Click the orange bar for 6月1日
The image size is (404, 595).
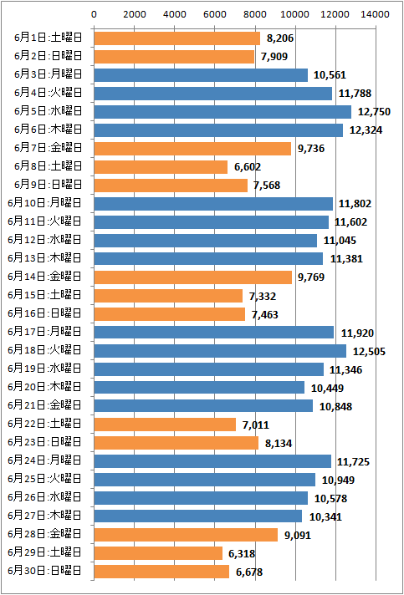point(177,38)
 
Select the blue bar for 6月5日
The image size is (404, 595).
point(222,112)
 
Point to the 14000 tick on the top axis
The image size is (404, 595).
point(376,14)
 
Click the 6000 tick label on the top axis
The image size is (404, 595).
point(214,14)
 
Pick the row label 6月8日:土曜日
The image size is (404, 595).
point(49,166)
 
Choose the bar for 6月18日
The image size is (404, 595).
point(220,351)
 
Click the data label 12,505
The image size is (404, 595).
point(369,351)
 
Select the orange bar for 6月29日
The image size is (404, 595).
point(158,553)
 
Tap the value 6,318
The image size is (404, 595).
point(242,554)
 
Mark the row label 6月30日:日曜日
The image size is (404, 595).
point(45,571)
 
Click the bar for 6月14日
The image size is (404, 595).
point(193,277)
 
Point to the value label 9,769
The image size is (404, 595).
point(311,277)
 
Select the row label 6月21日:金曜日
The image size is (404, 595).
point(45,405)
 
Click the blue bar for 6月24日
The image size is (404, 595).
point(212,461)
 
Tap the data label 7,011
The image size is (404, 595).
point(255,425)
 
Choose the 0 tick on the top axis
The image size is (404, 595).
point(94,14)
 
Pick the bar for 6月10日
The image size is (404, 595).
point(213,204)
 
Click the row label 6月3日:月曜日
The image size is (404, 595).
point(49,74)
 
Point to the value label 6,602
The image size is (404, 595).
point(248,167)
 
